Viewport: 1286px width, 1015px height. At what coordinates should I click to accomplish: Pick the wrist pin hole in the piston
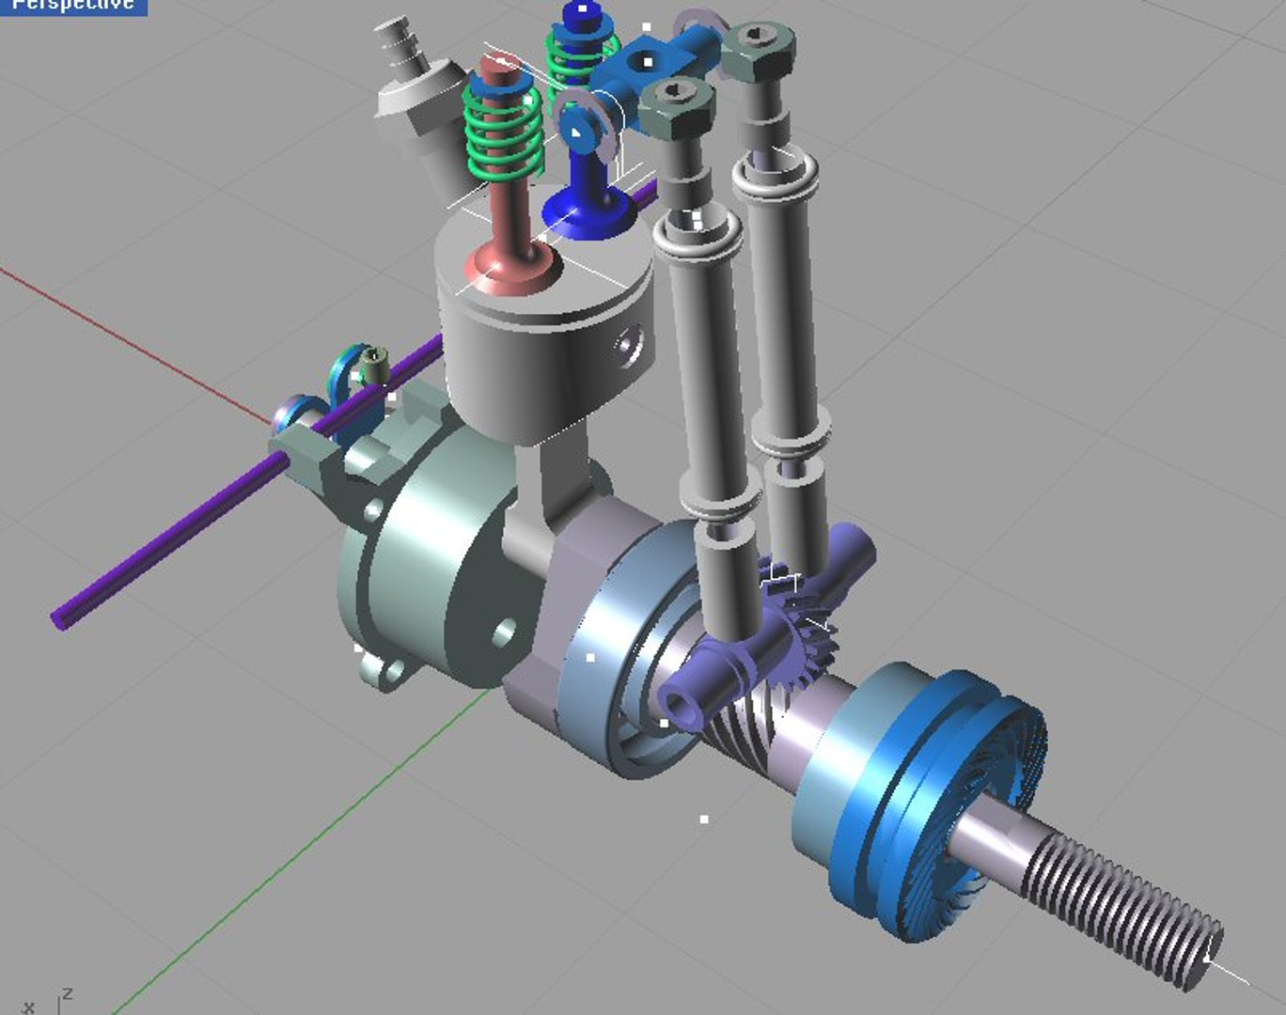[627, 342]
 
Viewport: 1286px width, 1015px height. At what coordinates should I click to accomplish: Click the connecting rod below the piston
[545, 489]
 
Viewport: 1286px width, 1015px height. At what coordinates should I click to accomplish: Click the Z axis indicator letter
[67, 994]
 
